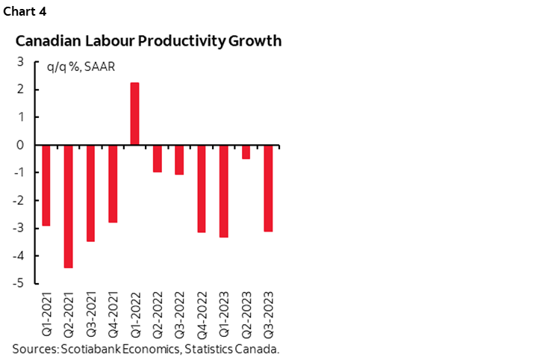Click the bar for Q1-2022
click(134, 114)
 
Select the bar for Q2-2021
click(68, 206)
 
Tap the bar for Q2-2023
click(246, 152)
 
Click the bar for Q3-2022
click(178, 160)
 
